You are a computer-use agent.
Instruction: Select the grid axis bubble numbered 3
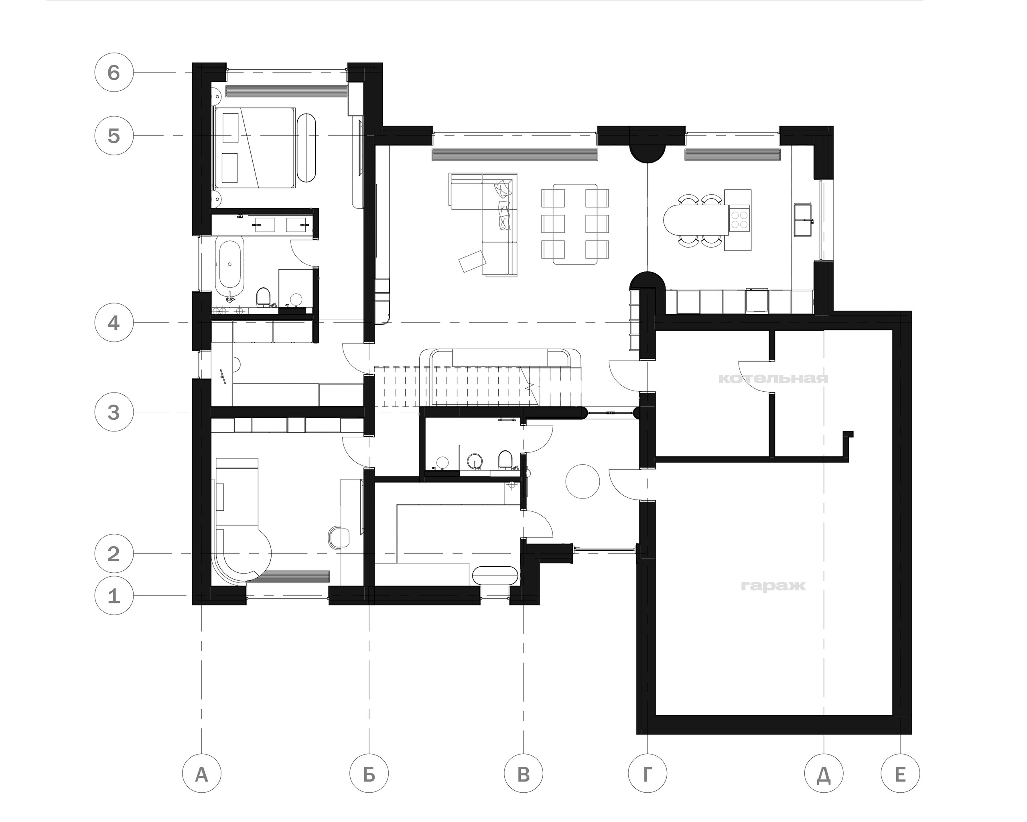pos(114,412)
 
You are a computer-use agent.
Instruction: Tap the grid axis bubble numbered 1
pos(114,596)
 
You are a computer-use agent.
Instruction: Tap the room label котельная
pos(773,379)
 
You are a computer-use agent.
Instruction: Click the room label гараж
pos(773,586)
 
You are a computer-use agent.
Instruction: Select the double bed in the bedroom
pos(254,148)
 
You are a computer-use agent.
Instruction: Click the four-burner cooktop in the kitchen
pos(739,219)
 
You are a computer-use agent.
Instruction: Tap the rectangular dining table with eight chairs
pos(575,224)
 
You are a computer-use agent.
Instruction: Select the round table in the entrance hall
pos(583,481)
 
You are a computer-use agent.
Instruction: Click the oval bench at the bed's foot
pos(307,147)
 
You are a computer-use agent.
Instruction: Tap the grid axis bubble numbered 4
pos(114,323)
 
